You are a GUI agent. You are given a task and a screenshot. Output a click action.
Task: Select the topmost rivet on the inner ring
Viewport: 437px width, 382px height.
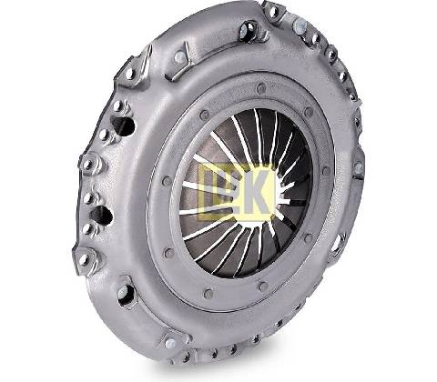pos(261,88)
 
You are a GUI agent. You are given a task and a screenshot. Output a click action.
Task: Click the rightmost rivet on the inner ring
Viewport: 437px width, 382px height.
pos(326,171)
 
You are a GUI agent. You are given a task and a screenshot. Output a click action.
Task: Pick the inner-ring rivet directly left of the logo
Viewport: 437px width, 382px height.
pos(167,181)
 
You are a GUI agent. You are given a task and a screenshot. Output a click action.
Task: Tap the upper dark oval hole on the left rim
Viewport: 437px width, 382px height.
pos(123,126)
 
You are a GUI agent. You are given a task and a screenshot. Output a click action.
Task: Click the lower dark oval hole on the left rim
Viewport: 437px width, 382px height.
pos(102,216)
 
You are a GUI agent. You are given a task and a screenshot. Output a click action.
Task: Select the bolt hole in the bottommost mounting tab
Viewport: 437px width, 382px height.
pos(170,343)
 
